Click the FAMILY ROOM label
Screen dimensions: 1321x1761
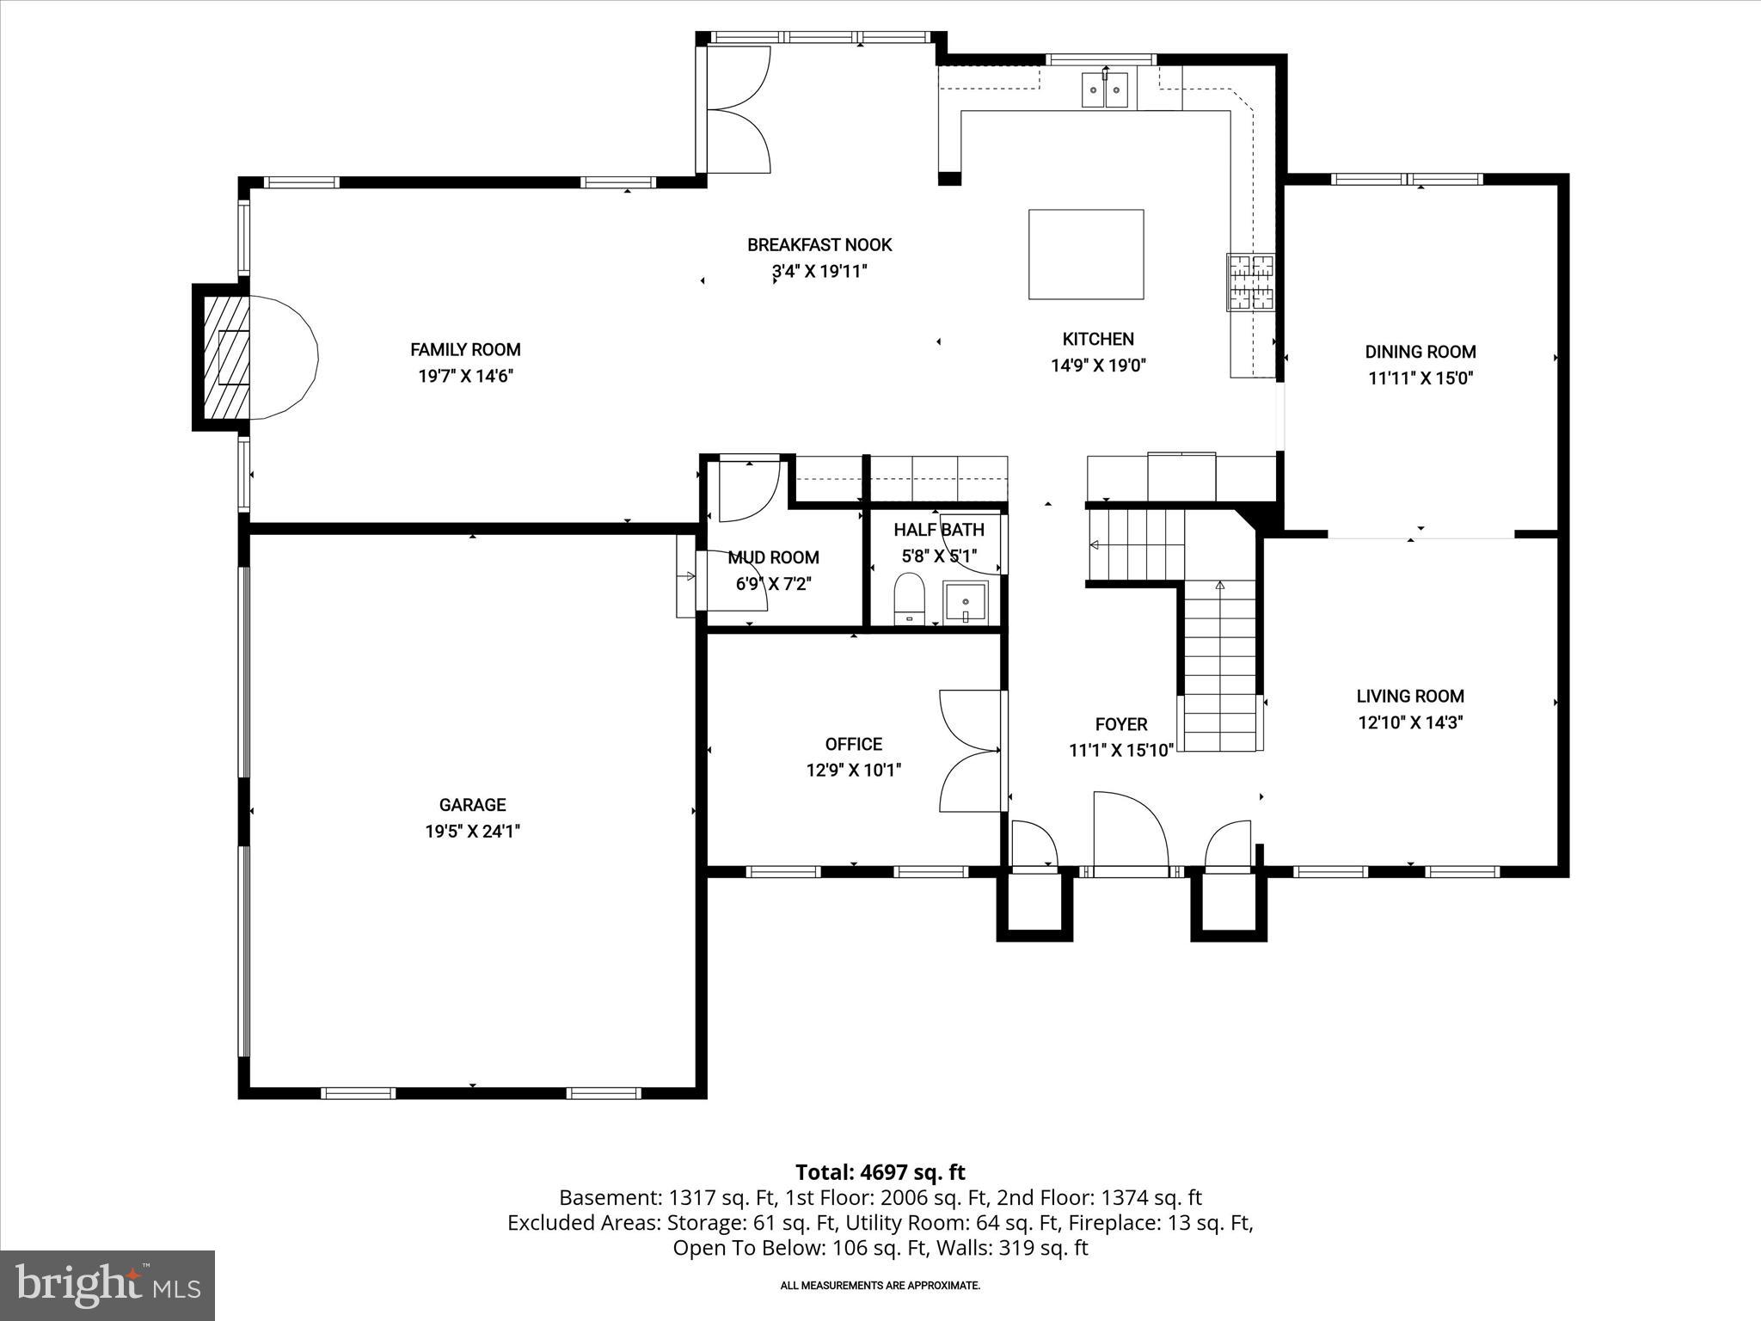(465, 349)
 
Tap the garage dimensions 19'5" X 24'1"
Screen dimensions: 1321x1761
(472, 832)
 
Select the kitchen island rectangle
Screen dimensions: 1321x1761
(1086, 254)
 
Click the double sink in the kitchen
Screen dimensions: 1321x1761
(1105, 89)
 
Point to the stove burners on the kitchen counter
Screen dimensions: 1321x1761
(1250, 282)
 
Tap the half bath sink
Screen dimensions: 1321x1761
(966, 601)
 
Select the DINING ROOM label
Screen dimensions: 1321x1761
(1420, 352)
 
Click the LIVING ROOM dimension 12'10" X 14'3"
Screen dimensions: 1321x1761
(1410, 722)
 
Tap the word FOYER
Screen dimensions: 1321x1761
(1120, 724)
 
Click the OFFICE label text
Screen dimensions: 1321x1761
(853, 744)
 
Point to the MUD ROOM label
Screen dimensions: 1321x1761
(773, 557)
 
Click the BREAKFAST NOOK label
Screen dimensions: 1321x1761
(819, 245)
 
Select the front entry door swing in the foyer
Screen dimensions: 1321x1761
(1128, 830)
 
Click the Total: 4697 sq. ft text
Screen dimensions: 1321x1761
(880, 1172)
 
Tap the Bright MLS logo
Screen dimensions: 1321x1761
(107, 1285)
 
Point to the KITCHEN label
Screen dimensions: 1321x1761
(1098, 339)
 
